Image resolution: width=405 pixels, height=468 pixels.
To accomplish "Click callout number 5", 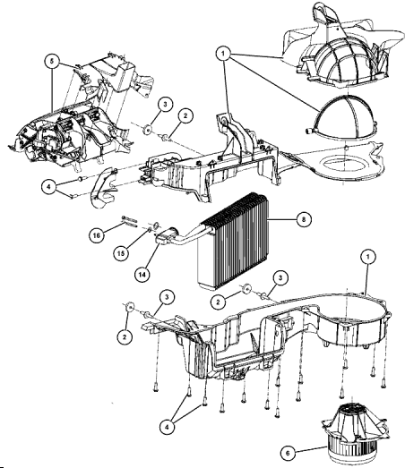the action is tap(52, 62).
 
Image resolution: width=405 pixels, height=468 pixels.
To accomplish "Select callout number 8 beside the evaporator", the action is tap(304, 219).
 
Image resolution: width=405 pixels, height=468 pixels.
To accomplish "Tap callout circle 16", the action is tap(96, 235).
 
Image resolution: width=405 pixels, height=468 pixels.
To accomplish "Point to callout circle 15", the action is tap(121, 253).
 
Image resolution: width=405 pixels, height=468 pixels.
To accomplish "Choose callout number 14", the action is tap(142, 274).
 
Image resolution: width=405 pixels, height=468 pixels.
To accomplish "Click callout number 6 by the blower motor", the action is tap(288, 454).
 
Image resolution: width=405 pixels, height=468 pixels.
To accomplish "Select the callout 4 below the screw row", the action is tap(167, 427).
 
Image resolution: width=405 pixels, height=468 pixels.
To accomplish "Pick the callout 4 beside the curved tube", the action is tap(49, 187).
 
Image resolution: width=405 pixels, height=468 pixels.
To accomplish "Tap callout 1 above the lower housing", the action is tap(368, 257).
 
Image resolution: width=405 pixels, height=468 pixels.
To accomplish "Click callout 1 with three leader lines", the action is tap(223, 54).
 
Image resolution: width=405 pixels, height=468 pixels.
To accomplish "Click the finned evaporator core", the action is tap(233, 242).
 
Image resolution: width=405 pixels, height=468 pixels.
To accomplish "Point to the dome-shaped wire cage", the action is tap(340, 118).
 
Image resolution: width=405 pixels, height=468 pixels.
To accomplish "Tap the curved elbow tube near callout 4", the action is tap(103, 187).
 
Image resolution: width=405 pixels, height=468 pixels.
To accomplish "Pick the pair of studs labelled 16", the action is tap(129, 221).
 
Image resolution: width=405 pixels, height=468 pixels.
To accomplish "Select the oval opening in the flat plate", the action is tap(344, 165).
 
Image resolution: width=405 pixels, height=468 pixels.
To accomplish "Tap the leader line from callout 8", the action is tap(282, 219).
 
